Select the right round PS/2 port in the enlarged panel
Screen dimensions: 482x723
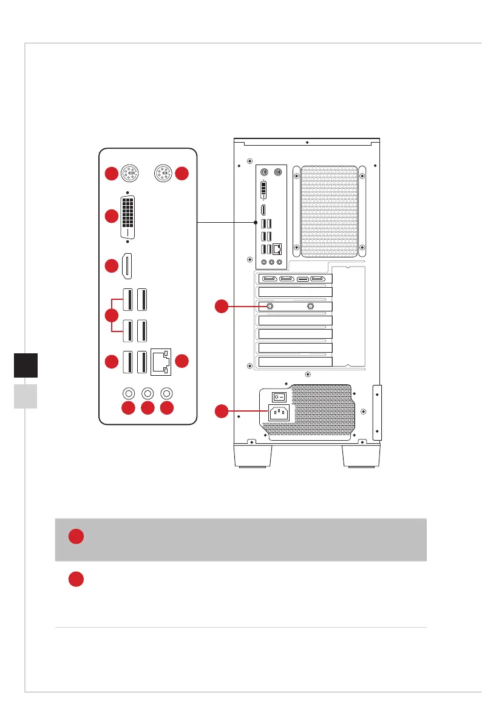(x=162, y=174)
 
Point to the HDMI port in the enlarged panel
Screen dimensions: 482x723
(x=127, y=266)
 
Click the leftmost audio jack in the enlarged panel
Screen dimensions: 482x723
(x=128, y=393)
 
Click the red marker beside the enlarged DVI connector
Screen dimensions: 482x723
(x=110, y=216)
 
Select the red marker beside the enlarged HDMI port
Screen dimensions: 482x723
(x=110, y=266)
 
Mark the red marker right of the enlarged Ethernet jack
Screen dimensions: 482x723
(x=182, y=361)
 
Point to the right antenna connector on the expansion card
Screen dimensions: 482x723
(x=311, y=307)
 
